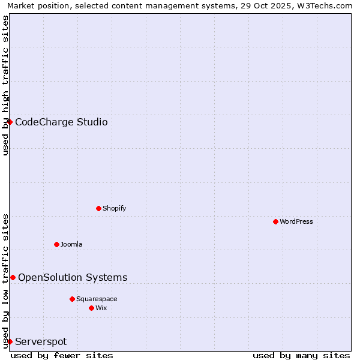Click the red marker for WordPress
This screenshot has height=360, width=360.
click(x=275, y=221)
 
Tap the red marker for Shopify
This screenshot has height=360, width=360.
click(x=98, y=208)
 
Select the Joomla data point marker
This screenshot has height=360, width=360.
click(x=56, y=244)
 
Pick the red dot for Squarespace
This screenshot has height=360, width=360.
click(x=72, y=299)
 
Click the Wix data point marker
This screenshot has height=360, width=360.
click(x=91, y=308)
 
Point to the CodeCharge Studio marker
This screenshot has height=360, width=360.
click(x=10, y=122)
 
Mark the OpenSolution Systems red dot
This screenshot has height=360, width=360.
click(x=13, y=277)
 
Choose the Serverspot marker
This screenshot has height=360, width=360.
click(x=10, y=341)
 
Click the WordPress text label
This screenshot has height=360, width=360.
click(x=296, y=221)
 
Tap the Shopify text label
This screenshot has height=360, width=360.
click(x=114, y=208)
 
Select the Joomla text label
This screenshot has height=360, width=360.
click(x=71, y=244)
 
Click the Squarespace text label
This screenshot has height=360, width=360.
click(x=97, y=299)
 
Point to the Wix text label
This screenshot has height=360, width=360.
click(x=101, y=308)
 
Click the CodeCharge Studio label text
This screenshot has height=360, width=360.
click(x=61, y=122)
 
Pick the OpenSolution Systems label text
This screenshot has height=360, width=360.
click(x=73, y=277)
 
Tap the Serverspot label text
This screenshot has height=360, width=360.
click(x=41, y=342)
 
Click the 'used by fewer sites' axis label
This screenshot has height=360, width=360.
click(x=62, y=355)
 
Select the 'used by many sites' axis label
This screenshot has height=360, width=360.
click(x=301, y=355)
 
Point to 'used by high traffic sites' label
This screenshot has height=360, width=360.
click(x=6, y=85)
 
